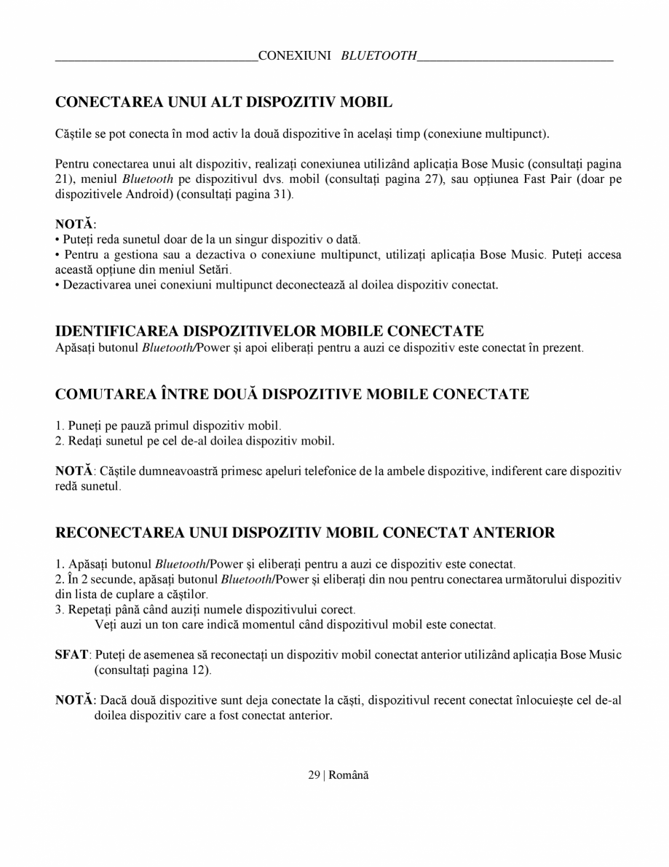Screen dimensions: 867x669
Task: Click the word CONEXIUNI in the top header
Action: click(x=295, y=56)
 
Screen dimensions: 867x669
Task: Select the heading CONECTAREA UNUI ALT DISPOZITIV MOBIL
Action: click(x=223, y=102)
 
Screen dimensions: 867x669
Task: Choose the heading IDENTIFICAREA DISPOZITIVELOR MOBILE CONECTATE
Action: click(x=269, y=332)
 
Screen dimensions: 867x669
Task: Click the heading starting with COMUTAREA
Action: click(x=292, y=395)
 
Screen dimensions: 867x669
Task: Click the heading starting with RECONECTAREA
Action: click(x=305, y=533)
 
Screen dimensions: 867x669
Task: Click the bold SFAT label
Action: click(x=71, y=654)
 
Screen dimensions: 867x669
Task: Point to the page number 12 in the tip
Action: click(x=199, y=670)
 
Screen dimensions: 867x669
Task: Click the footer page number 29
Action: click(x=314, y=775)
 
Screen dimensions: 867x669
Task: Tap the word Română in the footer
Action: click(x=349, y=775)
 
